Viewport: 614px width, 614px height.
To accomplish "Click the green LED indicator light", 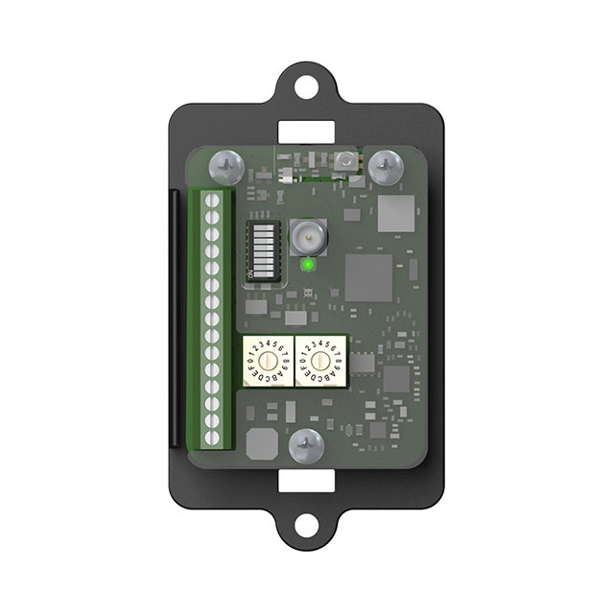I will pyautogui.click(x=307, y=264).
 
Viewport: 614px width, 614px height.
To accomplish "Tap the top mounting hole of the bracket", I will pyautogui.click(x=307, y=83).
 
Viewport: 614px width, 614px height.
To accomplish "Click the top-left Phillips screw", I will pyautogui.click(x=226, y=164).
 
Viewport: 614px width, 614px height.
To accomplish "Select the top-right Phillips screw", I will pyautogui.click(x=387, y=164).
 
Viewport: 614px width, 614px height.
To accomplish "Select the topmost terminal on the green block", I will pyautogui.click(x=214, y=200).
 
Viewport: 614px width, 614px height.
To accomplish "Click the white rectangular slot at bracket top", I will pyautogui.click(x=307, y=128).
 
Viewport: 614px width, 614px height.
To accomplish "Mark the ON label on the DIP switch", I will pyautogui.click(x=252, y=273).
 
